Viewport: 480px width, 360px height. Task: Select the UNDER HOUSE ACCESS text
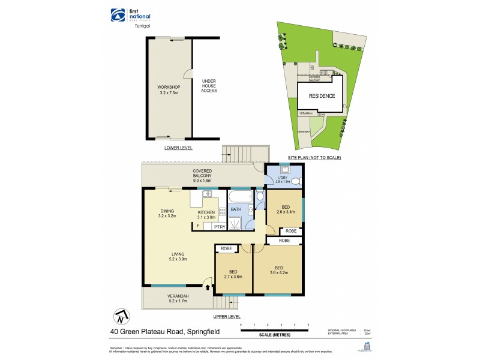tap(209, 86)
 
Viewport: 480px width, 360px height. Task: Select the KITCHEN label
tap(206, 215)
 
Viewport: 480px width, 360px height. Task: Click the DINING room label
tap(167, 214)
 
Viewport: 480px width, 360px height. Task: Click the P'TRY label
tap(219, 227)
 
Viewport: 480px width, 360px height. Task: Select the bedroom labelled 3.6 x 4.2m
tap(278, 270)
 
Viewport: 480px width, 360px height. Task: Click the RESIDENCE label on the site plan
tap(322, 96)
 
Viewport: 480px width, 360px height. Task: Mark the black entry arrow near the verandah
tap(208, 287)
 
